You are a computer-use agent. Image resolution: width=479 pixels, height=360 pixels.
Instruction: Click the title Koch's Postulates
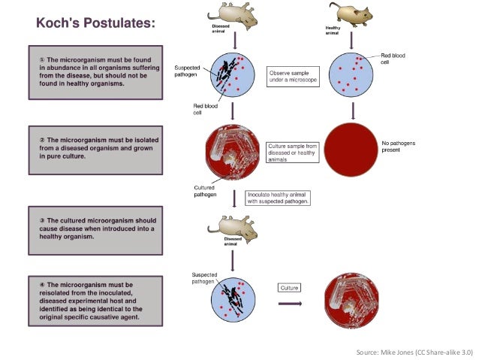tap(96, 23)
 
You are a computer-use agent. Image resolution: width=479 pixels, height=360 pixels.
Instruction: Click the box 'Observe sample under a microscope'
tap(294, 76)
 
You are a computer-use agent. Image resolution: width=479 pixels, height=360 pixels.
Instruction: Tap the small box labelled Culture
tap(289, 288)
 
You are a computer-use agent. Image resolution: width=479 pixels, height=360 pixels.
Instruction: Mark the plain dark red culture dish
tap(351, 151)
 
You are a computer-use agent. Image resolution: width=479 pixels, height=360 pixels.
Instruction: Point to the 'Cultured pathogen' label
tap(205, 191)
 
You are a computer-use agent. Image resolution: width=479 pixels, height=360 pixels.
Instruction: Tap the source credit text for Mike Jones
tap(414, 351)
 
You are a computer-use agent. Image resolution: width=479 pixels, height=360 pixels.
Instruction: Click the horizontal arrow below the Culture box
tap(291, 304)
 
